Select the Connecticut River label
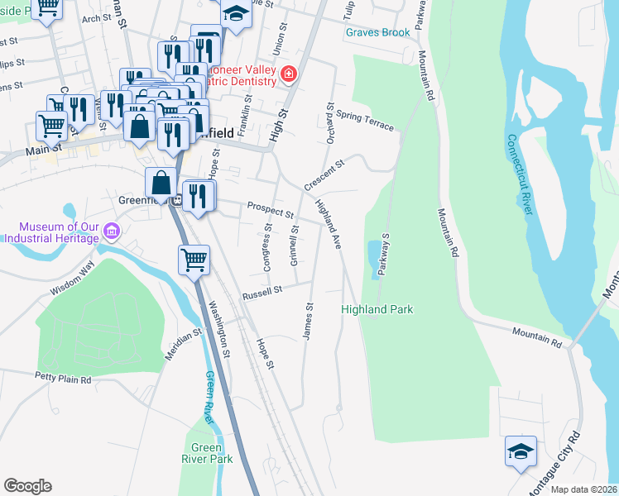pyautogui.click(x=519, y=174)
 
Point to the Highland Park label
pyautogui.click(x=377, y=309)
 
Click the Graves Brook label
pyautogui.click(x=377, y=32)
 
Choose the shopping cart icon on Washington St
pyautogui.click(x=194, y=259)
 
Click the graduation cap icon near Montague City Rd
pyautogui.click(x=521, y=451)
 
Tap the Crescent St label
pyautogui.click(x=323, y=174)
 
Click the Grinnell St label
pyautogui.click(x=294, y=246)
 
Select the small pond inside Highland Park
pyautogui.click(x=374, y=258)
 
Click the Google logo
pyautogui.click(x=27, y=486)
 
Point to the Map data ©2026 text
pyautogui.click(x=583, y=489)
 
